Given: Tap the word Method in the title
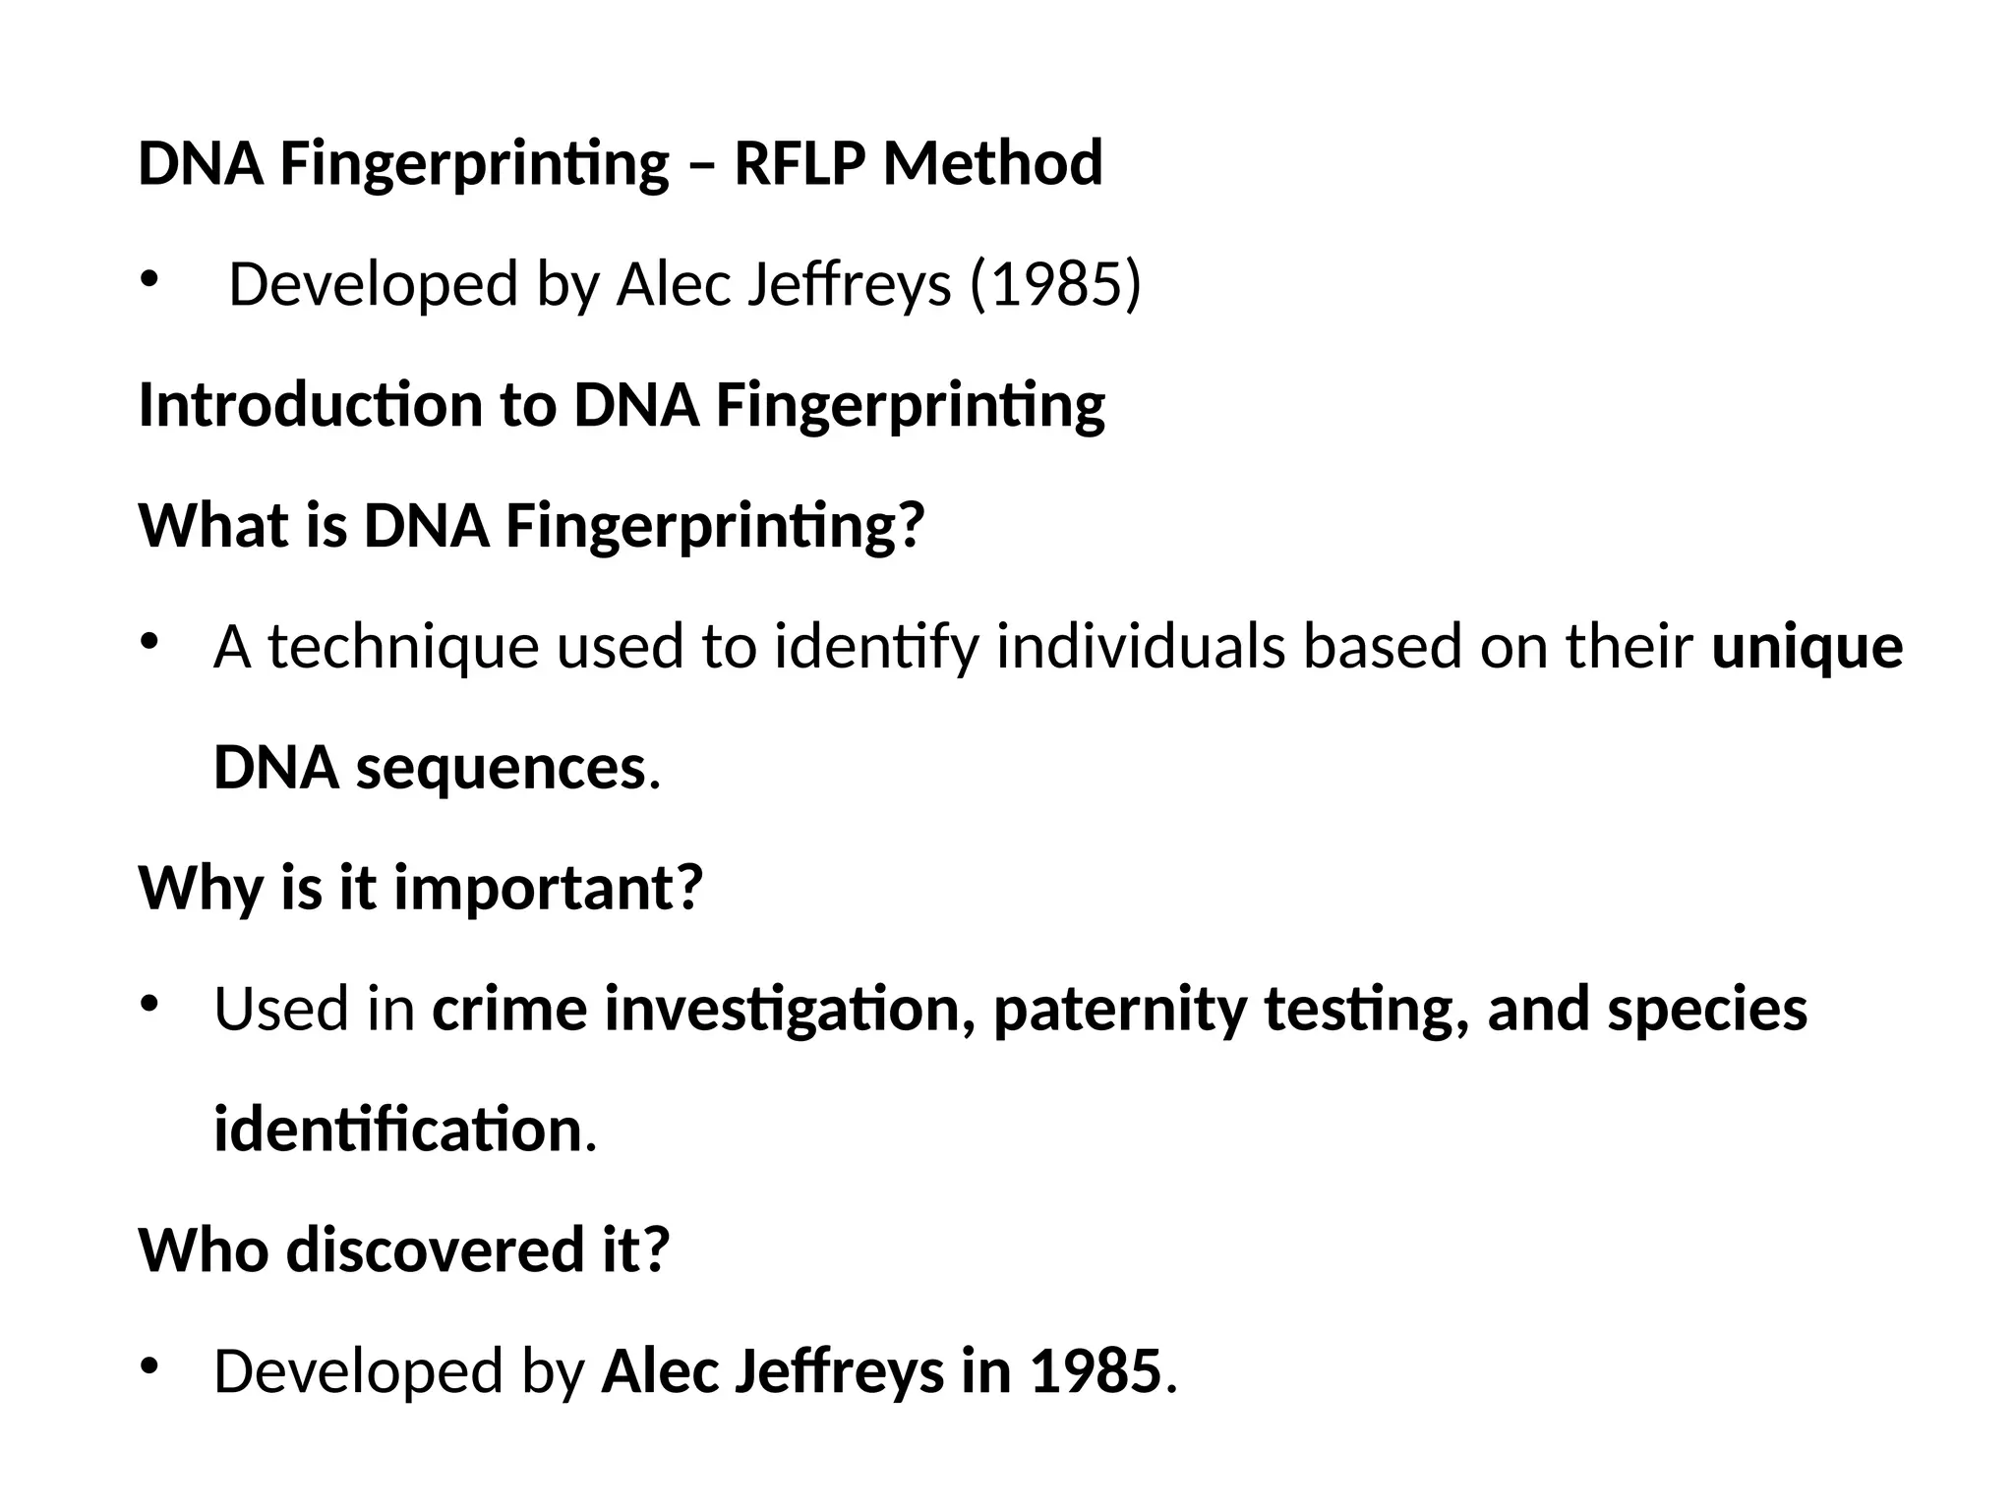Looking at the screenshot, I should click(x=992, y=163).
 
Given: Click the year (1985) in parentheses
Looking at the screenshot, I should click(x=1055, y=284).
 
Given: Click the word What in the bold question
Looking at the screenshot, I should click(x=208, y=526).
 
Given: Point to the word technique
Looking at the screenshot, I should click(x=403, y=648).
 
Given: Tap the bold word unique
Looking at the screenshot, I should click(x=1807, y=648).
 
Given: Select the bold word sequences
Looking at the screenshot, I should click(x=500, y=768).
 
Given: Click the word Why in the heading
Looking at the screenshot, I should click(x=202, y=888).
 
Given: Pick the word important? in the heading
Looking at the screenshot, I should click(x=549, y=888).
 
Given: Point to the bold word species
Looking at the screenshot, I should click(x=1707, y=1010).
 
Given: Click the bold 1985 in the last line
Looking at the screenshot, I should click(x=1096, y=1371).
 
